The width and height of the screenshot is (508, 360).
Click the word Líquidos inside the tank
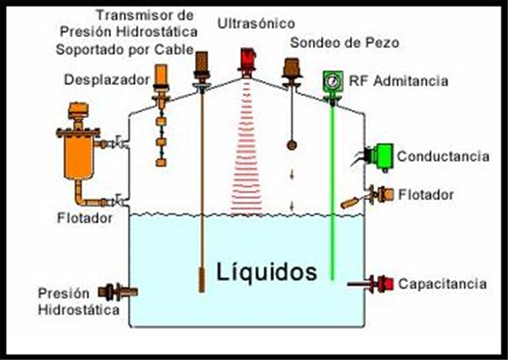tap(267, 273)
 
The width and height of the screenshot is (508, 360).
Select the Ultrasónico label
tap(256, 23)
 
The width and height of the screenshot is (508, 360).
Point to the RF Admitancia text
tap(398, 81)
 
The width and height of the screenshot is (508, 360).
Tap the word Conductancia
tap(443, 156)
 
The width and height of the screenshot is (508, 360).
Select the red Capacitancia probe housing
tap(384, 284)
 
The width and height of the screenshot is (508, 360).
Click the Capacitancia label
tap(442, 284)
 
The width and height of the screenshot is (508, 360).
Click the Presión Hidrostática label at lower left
tap(78, 301)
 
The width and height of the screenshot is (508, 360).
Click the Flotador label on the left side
tap(85, 218)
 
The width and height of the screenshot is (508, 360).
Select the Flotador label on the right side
tap(426, 195)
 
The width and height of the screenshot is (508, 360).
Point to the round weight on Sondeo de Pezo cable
tap(292, 145)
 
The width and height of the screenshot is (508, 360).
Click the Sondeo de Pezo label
tap(344, 43)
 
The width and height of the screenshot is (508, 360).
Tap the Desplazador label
tap(107, 79)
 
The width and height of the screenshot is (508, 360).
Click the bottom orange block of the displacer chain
tap(161, 162)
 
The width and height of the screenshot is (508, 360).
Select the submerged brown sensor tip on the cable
tap(202, 280)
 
